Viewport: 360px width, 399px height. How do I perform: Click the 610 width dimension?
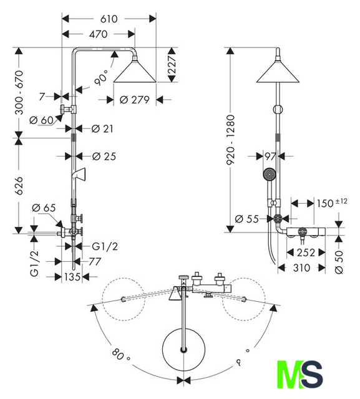(x=109, y=19)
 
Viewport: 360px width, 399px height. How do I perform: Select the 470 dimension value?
(x=99, y=34)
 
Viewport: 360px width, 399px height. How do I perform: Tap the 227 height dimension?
(x=172, y=65)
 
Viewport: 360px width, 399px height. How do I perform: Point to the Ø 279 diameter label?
(x=134, y=100)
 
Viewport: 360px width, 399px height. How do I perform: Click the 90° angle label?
(x=101, y=77)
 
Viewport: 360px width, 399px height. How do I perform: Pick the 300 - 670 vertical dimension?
(x=19, y=93)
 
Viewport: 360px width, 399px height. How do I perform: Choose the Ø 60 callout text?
(x=41, y=120)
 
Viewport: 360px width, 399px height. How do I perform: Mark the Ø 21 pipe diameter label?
(x=102, y=129)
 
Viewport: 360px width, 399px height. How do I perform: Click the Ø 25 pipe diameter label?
(x=104, y=156)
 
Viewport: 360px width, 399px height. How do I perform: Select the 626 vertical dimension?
(x=19, y=186)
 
